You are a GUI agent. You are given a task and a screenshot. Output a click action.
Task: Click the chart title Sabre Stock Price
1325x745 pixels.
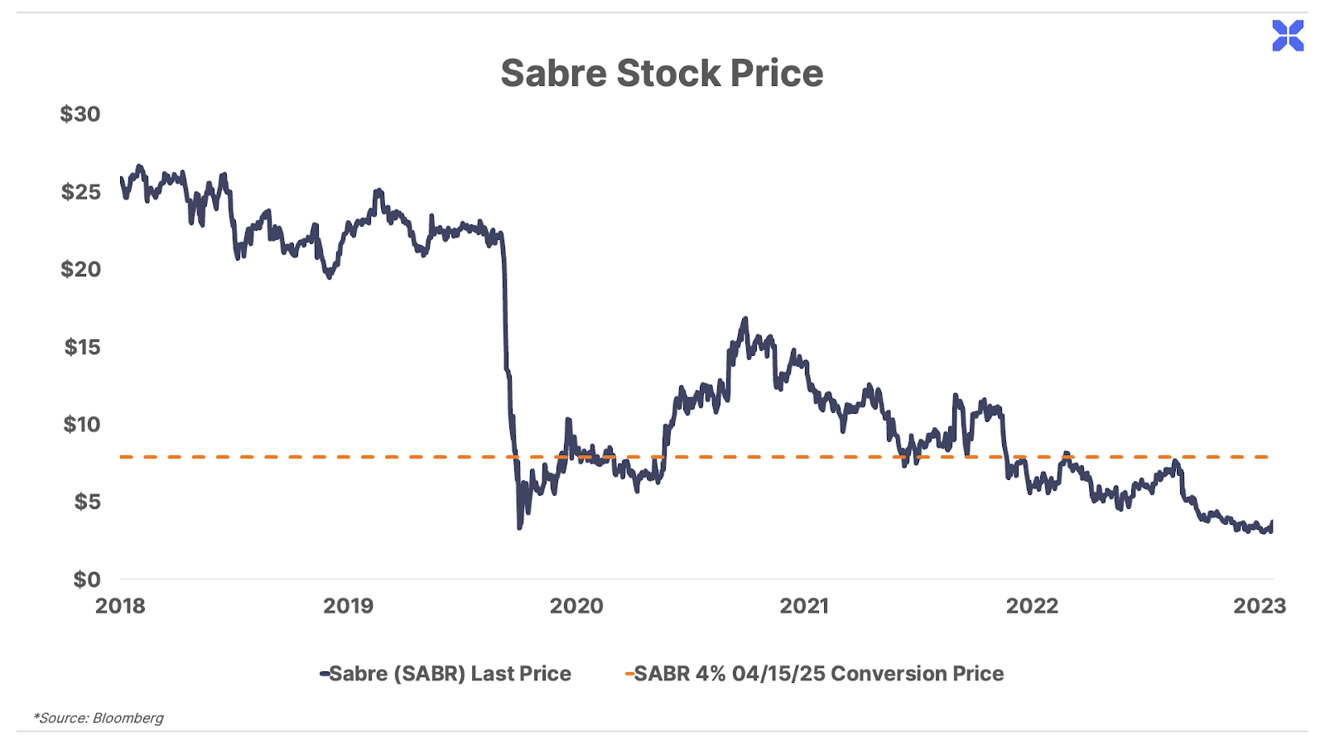pyautogui.click(x=662, y=73)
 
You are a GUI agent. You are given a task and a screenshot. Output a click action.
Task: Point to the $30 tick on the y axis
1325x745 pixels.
pyautogui.click(x=80, y=114)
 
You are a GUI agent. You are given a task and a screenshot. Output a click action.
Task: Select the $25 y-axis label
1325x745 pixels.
pyautogui.click(x=80, y=192)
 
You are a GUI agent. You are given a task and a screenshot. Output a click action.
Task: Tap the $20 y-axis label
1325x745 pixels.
pyautogui.click(x=80, y=269)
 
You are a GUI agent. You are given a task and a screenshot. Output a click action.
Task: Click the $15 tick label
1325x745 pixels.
pyautogui.click(x=82, y=347)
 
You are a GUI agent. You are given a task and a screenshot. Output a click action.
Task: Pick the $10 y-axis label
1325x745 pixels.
pyautogui.click(x=82, y=425)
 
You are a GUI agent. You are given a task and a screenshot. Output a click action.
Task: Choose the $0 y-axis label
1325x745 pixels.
pyautogui.click(x=86, y=579)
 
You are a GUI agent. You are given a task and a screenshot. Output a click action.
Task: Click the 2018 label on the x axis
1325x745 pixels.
pyautogui.click(x=120, y=606)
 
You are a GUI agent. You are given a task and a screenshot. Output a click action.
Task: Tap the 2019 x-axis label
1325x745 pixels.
pyautogui.click(x=348, y=606)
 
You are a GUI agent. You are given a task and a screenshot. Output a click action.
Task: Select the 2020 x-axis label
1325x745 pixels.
pyautogui.click(x=576, y=606)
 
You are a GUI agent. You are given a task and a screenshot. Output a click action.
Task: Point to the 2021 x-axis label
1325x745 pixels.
pyautogui.click(x=804, y=606)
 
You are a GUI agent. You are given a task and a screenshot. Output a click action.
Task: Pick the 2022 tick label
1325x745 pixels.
pyautogui.click(x=1032, y=606)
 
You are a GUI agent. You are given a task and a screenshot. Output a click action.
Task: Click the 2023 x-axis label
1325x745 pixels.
pyautogui.click(x=1260, y=606)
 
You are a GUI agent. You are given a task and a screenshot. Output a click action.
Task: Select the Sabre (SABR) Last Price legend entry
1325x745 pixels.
pyautogui.click(x=447, y=674)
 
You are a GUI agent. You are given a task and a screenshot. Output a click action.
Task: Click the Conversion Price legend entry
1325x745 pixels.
pyautogui.click(x=816, y=674)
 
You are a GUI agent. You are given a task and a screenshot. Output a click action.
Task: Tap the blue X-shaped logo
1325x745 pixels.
pyautogui.click(x=1288, y=36)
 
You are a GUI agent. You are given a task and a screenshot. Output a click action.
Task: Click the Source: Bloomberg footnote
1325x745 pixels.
pyautogui.click(x=99, y=718)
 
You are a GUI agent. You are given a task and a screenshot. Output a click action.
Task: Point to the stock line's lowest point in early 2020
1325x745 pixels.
pyautogui.click(x=519, y=527)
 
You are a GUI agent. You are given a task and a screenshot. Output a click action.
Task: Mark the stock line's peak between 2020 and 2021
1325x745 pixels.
pyautogui.click(x=744, y=319)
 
